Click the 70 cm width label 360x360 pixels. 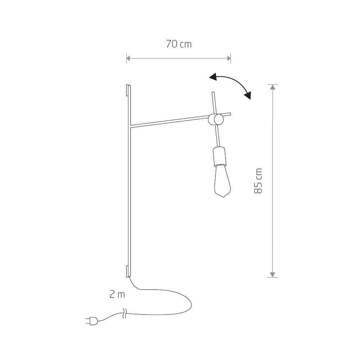coord(179,44)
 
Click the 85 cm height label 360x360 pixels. coord(258,181)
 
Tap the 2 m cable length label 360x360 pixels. coord(117,294)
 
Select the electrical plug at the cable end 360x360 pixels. coord(92,321)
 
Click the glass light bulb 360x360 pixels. coord(222,181)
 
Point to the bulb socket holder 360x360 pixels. coord(219,156)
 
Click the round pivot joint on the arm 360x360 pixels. coord(216,120)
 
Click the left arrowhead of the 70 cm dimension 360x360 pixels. coord(129,58)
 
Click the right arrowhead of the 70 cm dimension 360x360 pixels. coord(229,58)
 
